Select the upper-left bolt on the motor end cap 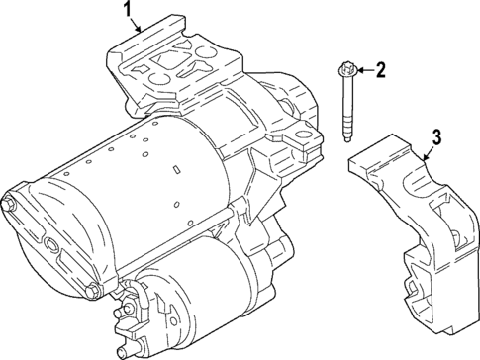coord(10,205)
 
